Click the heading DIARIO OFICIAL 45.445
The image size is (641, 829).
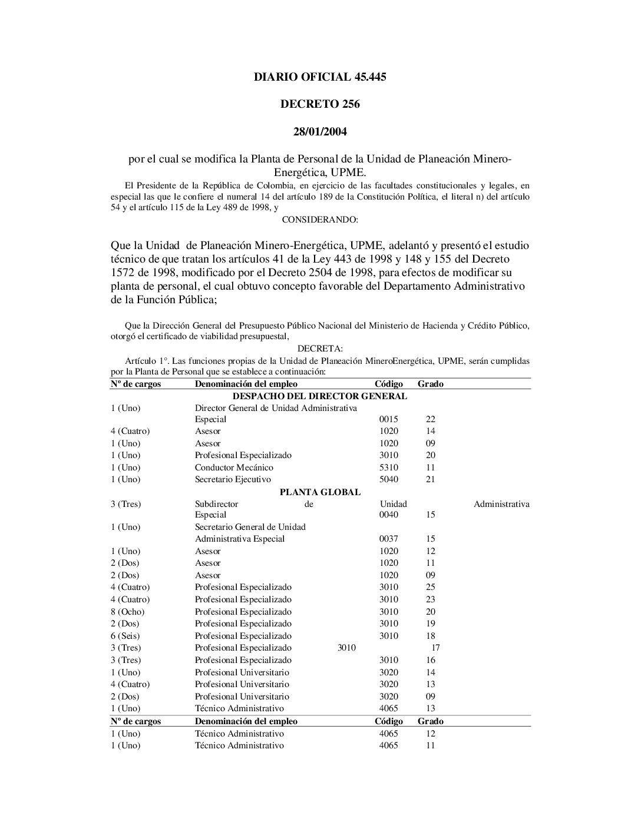pos(320,77)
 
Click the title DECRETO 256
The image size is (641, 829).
pos(320,104)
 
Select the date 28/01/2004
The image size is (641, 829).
pos(320,132)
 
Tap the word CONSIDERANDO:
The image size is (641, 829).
pos(320,220)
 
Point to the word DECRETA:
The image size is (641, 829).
pos(320,349)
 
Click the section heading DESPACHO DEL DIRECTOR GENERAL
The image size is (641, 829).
pos(320,396)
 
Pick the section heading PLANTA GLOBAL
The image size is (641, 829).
pos(320,492)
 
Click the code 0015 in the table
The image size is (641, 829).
pos(389,420)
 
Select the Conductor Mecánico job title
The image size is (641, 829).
pos(234,467)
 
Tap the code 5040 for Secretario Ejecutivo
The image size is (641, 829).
pos(389,479)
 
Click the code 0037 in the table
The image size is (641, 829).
pos(389,539)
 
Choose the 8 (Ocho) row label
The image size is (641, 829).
pos(128,612)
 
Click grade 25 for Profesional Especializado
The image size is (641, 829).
pos(431,587)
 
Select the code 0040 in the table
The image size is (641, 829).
pos(389,515)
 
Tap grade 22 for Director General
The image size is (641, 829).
pos(431,420)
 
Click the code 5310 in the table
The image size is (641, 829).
pos(389,467)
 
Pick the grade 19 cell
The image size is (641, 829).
pos(431,624)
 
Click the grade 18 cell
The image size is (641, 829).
pos(431,636)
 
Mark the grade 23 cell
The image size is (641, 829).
pos(431,599)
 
